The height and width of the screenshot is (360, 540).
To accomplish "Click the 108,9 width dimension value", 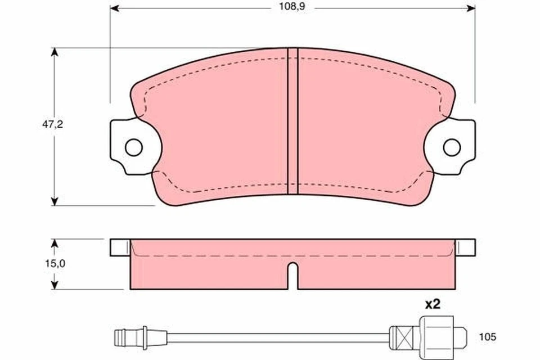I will pos(291,8).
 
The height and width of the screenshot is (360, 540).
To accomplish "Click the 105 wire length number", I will pos(487,337).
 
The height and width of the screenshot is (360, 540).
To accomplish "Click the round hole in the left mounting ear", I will pos(133,147).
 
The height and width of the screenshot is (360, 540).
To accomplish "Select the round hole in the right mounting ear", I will pos(451,147).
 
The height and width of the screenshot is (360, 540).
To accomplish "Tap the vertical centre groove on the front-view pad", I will pos(292,121).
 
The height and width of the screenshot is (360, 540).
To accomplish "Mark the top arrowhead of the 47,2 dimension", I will pos(55,52).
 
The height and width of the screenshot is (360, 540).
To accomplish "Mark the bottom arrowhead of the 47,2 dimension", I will pos(55,201).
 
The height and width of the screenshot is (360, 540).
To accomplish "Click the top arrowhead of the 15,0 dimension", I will pos(55,243).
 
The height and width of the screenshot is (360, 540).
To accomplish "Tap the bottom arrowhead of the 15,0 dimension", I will pos(55,285).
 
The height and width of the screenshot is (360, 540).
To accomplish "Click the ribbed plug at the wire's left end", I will pos(121,337).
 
